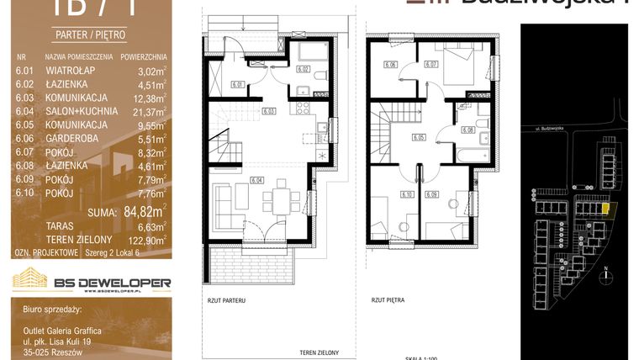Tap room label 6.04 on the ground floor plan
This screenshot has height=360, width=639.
[257, 179]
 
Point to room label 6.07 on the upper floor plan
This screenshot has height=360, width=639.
[431, 63]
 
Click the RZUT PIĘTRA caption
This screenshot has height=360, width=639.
[388, 299]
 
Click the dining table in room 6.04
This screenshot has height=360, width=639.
[277, 200]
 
